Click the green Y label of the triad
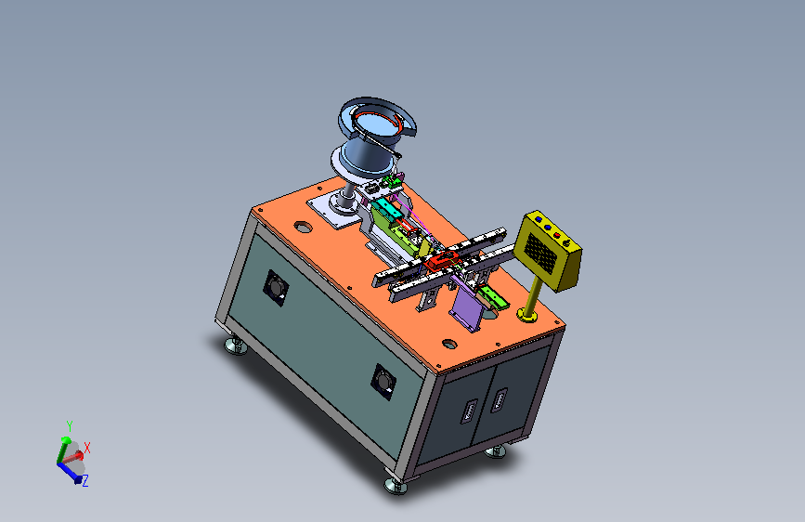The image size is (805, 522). tap(70, 426)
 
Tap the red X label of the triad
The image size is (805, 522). tap(86, 448)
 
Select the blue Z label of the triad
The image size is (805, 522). tap(85, 481)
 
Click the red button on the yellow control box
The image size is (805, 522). tap(557, 235)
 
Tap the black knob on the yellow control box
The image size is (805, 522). tap(566, 241)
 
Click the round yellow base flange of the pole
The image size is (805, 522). tap(527, 315)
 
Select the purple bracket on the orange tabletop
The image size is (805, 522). tap(469, 307)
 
